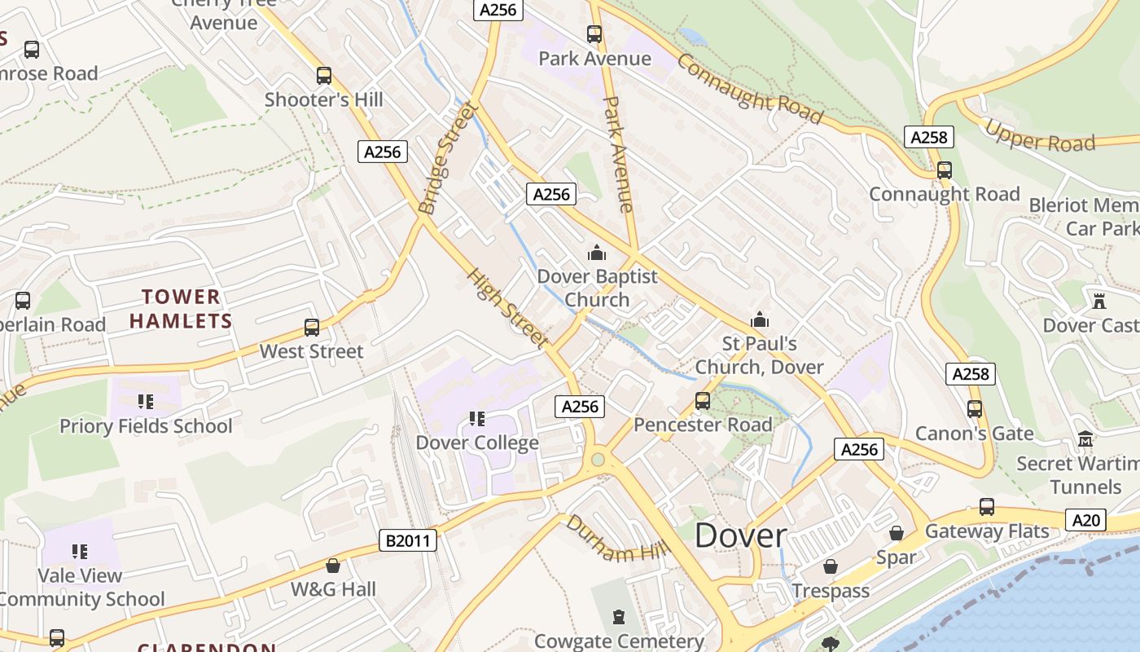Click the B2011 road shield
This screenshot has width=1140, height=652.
pos(408,540)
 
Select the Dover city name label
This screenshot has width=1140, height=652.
pos(741,535)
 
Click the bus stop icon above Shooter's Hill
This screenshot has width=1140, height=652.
pos(324,76)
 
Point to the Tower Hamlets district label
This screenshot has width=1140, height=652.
pos(181,309)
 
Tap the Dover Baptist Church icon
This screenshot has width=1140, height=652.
pos(597,253)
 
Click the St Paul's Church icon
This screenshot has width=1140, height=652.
pos(760,319)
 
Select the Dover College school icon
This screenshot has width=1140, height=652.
pos(477,419)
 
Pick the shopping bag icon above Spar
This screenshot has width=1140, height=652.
pos(897,534)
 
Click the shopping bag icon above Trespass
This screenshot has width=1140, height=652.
pos(831,566)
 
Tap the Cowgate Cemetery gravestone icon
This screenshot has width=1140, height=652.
pos(620,617)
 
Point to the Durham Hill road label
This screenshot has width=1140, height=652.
pos(616,540)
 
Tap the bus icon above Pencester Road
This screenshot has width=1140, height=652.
pos(703,401)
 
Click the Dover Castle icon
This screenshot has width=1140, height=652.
pos(1099,301)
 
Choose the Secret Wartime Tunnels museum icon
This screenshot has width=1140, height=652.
pos(1085,440)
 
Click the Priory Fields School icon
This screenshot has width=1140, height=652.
pos(146,402)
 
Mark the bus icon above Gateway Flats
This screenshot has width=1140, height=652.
pos(987,507)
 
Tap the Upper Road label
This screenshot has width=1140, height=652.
pos(1040,136)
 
